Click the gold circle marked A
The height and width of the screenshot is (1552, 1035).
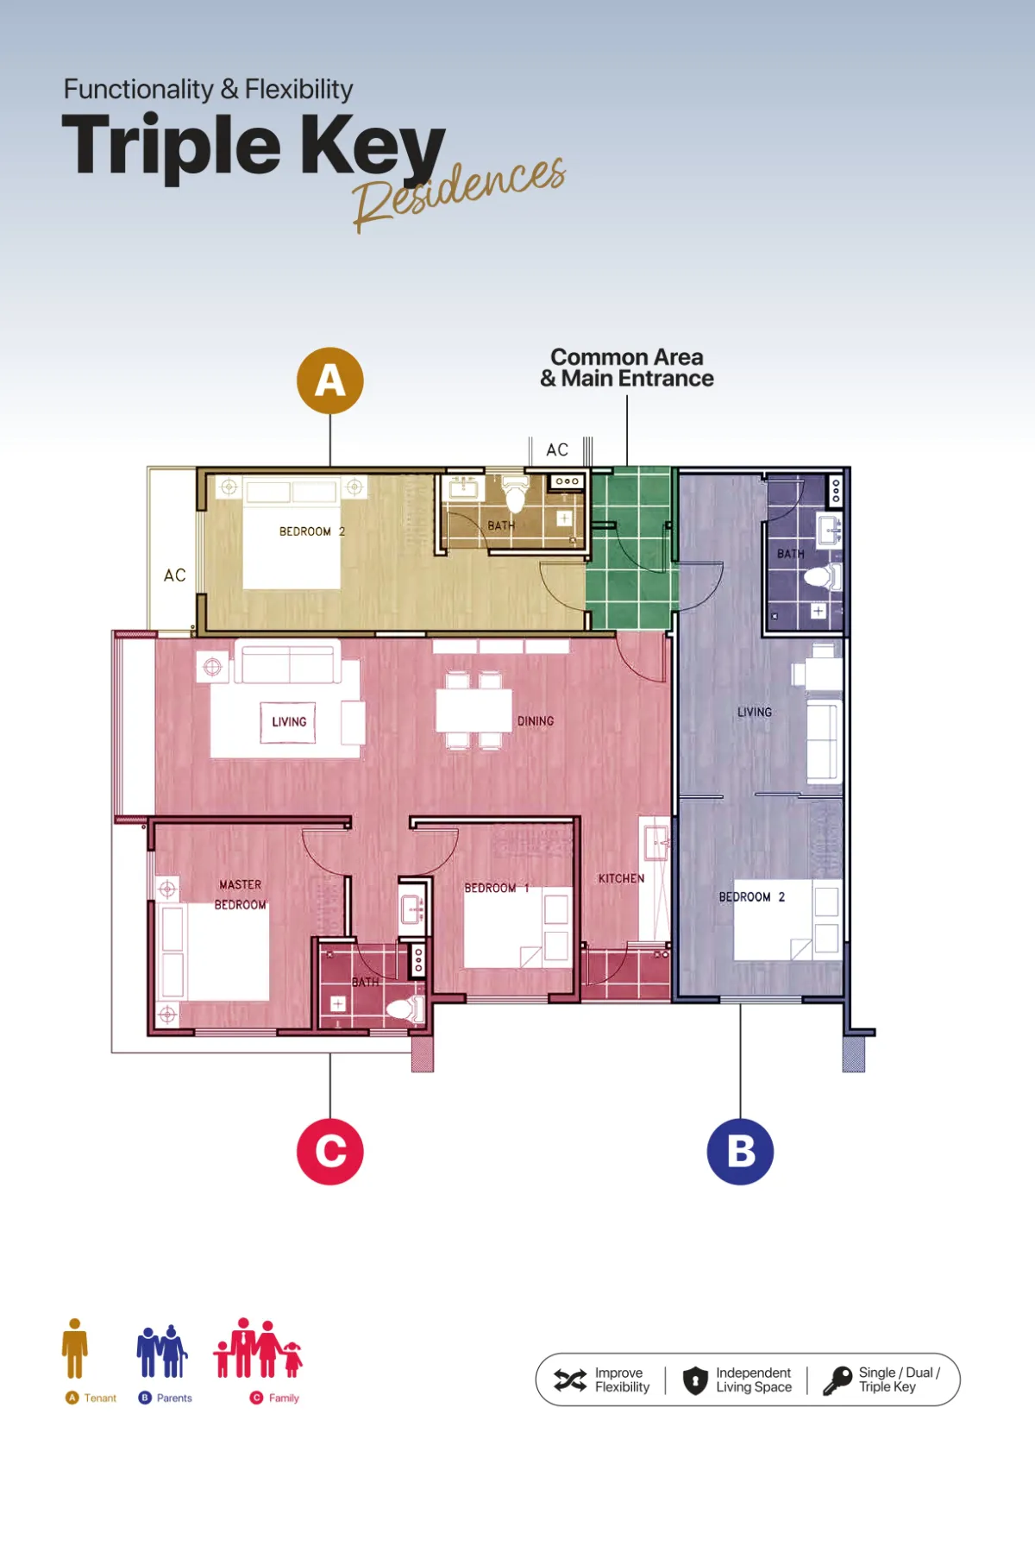[330, 380]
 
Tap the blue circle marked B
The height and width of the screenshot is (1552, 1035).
[740, 1152]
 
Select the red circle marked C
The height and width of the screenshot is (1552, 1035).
[330, 1152]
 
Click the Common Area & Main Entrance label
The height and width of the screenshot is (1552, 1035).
[627, 368]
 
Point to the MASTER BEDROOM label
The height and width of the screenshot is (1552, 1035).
[241, 895]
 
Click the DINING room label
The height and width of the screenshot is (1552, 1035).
[536, 721]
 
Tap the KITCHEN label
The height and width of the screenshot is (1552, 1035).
[621, 878]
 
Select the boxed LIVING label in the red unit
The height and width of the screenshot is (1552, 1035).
[289, 722]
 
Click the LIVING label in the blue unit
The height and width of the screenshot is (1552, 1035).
[755, 712]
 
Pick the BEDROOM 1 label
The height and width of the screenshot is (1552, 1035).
[497, 888]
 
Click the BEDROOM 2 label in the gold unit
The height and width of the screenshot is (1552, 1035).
[312, 531]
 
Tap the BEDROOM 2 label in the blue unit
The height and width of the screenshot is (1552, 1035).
[752, 897]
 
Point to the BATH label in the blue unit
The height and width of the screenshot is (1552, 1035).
[790, 554]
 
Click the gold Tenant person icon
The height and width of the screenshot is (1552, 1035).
[75, 1348]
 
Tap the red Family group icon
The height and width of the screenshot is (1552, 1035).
[258, 1348]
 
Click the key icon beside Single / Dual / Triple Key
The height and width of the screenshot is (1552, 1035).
[837, 1380]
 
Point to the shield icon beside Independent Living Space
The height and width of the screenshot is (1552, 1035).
[695, 1380]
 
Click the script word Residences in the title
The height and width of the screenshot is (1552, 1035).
[459, 194]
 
